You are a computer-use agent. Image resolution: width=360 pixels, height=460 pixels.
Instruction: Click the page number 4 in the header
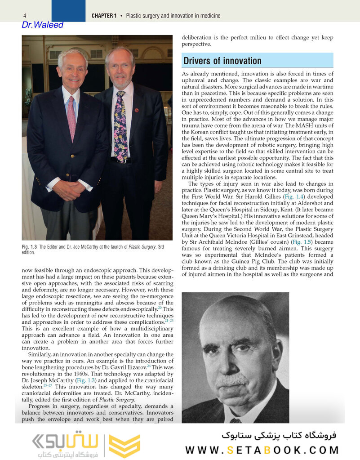24,16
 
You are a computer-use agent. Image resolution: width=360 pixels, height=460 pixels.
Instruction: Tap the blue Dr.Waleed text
42,25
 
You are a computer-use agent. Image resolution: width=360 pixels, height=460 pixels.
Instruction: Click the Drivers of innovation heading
222,61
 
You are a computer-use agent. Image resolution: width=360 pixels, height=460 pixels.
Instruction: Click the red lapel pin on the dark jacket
137,110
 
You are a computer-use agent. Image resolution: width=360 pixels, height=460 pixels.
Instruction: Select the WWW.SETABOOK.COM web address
262,450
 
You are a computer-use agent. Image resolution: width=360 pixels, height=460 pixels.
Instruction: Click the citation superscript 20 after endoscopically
160,308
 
